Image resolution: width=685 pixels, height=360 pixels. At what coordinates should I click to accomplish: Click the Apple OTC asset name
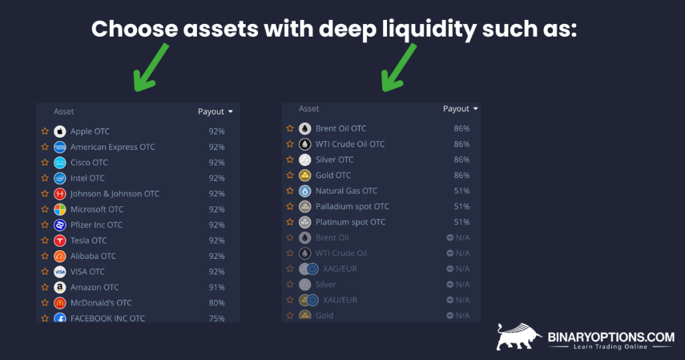click(x=90, y=132)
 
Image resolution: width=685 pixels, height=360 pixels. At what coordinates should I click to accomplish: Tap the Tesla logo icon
click(x=60, y=241)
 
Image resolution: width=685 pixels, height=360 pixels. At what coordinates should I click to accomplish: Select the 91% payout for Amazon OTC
click(x=216, y=287)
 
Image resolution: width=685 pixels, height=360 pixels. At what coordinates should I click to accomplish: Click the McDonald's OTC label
click(x=101, y=303)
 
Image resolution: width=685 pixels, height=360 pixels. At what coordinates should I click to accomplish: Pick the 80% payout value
click(x=216, y=303)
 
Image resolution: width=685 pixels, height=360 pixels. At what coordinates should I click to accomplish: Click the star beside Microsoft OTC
click(x=45, y=210)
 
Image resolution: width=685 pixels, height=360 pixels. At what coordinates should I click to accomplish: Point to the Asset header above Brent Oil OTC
click(x=309, y=108)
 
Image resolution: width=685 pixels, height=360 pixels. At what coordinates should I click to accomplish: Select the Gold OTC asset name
click(x=333, y=176)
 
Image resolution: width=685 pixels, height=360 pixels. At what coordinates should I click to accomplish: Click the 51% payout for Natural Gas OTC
click(x=462, y=191)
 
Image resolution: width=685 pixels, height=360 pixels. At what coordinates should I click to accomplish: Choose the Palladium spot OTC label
click(x=352, y=206)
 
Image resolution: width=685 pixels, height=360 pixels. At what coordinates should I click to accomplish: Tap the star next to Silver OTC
click(x=290, y=160)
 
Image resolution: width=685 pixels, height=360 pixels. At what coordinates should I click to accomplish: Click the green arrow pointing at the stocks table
click(x=150, y=67)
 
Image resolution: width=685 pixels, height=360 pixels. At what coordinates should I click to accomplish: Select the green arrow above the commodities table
click(x=398, y=67)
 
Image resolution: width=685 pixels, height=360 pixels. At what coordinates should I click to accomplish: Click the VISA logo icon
click(x=60, y=271)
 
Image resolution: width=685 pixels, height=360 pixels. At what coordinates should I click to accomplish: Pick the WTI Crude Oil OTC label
click(x=350, y=144)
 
